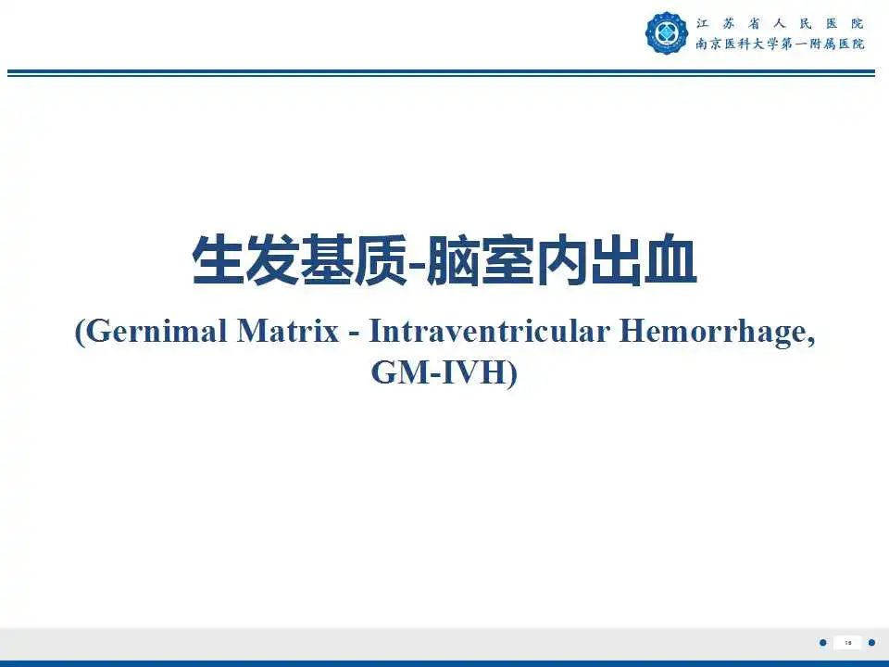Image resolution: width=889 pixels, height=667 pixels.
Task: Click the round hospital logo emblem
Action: [667, 32]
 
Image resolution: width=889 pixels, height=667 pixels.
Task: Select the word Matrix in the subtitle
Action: [288, 332]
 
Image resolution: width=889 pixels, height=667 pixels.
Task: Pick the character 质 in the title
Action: [381, 262]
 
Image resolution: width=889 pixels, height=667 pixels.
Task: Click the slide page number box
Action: [847, 643]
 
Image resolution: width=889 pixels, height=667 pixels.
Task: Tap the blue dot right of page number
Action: [871, 643]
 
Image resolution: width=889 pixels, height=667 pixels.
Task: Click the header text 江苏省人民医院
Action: [781, 23]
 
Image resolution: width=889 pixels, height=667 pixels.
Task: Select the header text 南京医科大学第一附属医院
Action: [781, 44]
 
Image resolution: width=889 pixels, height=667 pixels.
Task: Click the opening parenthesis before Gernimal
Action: [80, 332]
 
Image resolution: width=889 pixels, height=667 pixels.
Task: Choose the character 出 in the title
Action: [616, 262]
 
